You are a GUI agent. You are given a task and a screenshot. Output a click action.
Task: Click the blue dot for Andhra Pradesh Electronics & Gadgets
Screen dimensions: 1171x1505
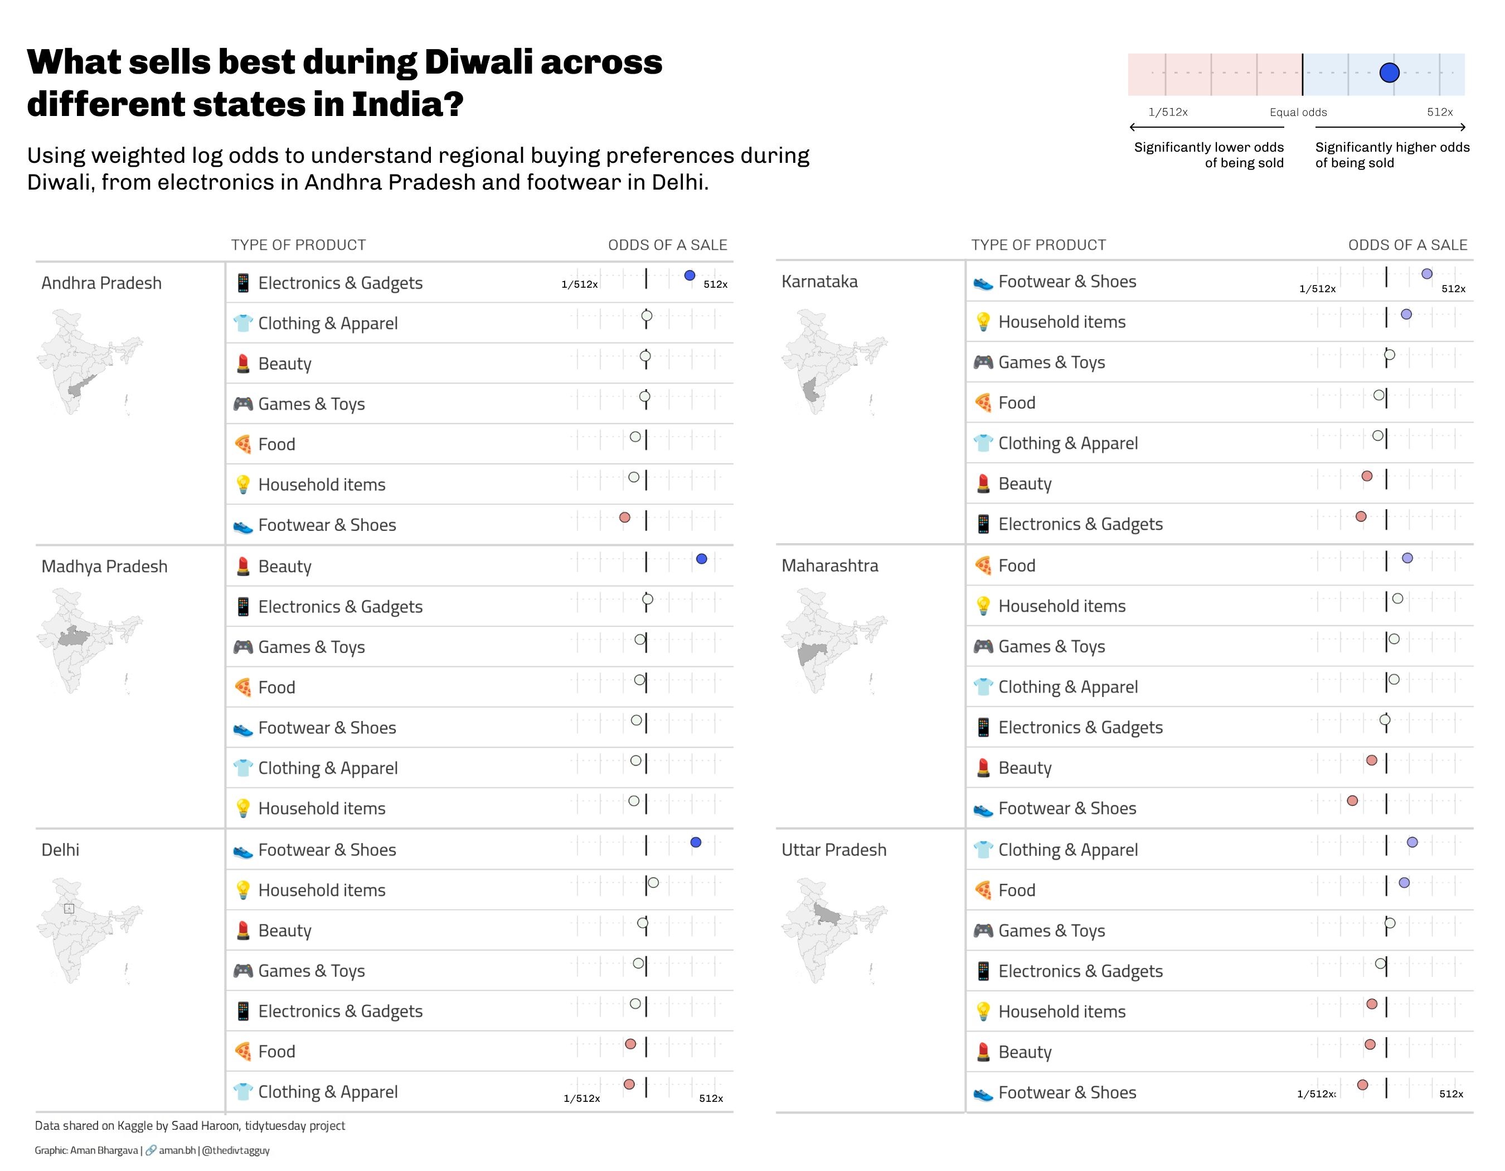coord(689,275)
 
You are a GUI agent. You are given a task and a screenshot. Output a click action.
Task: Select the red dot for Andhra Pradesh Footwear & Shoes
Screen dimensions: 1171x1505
coord(624,517)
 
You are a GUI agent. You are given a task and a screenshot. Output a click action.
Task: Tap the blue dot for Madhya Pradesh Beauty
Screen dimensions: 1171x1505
coord(702,559)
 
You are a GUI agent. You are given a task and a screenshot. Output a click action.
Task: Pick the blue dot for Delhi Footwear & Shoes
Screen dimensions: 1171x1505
coord(695,842)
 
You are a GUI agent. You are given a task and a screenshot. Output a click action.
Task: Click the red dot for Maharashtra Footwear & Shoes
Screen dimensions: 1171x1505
coord(1352,801)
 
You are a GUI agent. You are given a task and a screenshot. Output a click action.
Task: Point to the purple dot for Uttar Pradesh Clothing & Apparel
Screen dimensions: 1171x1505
coord(1412,842)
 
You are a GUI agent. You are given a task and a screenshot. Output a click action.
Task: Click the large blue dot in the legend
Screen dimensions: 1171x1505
coord(1389,72)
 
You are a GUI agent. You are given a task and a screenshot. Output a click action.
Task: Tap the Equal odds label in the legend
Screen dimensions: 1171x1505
coord(1298,112)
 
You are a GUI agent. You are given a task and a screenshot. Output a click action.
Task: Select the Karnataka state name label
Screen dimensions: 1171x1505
coord(819,282)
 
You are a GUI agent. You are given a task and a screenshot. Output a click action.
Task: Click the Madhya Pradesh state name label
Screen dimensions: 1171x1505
coord(104,567)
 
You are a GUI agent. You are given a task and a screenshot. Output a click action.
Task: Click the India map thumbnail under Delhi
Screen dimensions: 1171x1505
coord(88,931)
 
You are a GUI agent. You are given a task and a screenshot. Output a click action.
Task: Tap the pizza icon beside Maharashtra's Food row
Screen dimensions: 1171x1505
coord(983,566)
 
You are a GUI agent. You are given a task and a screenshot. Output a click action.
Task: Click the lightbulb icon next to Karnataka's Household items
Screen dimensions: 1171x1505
coord(983,322)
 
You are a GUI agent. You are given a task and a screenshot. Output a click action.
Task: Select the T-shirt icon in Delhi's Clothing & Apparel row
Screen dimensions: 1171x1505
coord(242,1092)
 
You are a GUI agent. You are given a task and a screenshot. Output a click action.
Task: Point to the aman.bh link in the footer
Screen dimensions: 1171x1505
coord(176,1150)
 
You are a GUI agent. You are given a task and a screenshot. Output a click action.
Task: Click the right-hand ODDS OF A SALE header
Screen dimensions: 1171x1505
coord(1407,245)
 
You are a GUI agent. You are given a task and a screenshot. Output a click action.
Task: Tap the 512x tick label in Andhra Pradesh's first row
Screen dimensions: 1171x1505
coord(715,284)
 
